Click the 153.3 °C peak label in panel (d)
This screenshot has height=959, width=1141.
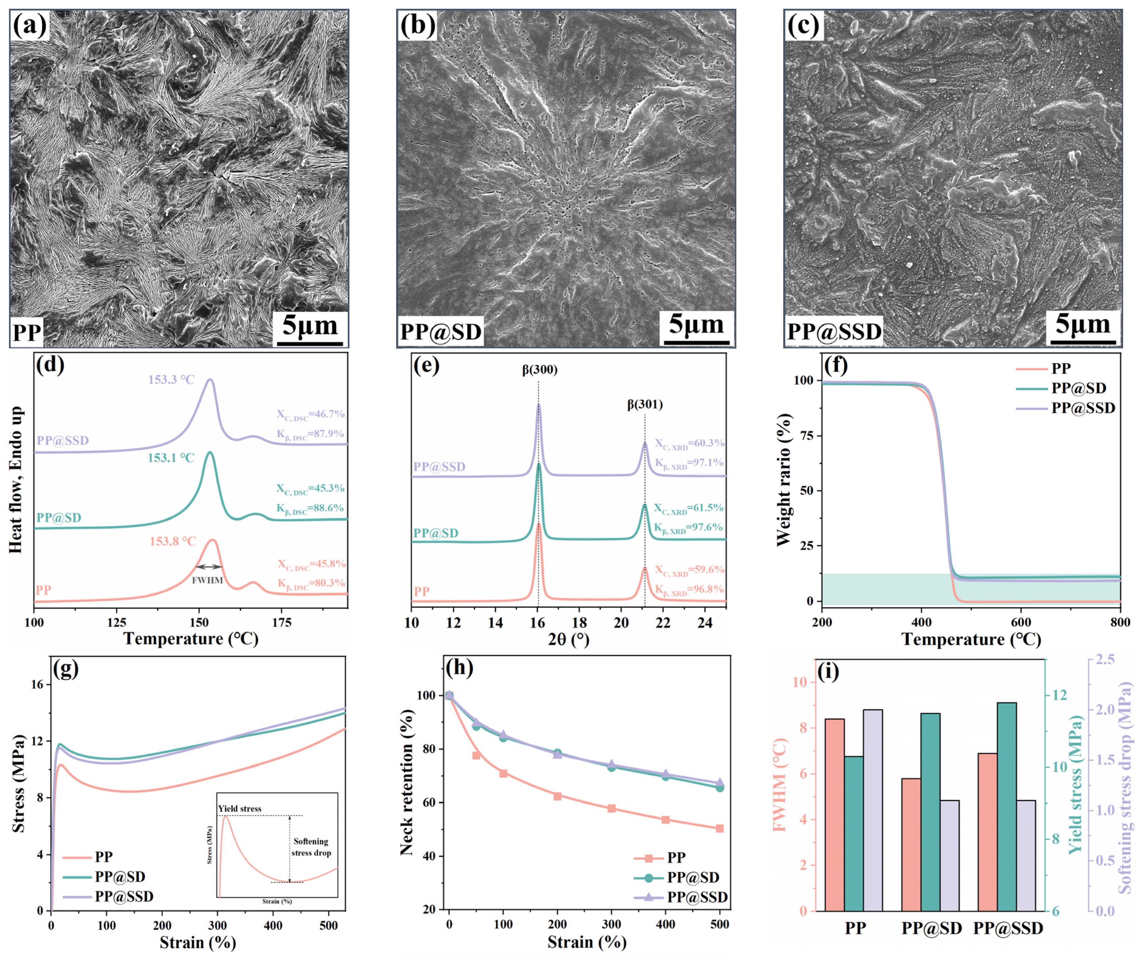171,380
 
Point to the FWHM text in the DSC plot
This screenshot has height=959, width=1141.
207,580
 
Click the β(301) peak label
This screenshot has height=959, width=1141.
645,404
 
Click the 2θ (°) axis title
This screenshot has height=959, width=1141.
568,639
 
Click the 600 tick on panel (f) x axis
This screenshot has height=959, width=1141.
1021,622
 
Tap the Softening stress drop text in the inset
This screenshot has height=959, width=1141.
311,847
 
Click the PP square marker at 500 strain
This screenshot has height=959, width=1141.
720,829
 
